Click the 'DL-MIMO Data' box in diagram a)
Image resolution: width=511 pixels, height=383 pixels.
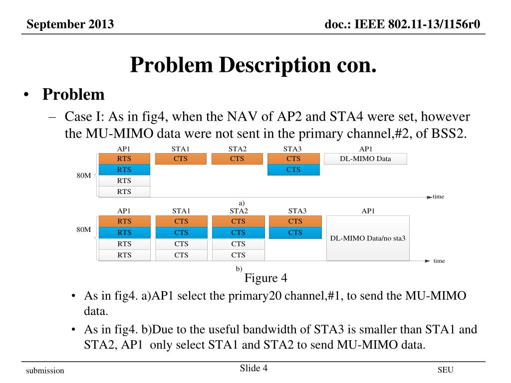point(365,159)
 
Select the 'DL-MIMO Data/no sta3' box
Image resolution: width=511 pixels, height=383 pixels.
point(368,238)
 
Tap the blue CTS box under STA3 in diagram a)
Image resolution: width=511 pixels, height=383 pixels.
point(293,170)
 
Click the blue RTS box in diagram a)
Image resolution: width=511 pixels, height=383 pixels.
point(124,170)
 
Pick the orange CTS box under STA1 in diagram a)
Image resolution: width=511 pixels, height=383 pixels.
point(181,159)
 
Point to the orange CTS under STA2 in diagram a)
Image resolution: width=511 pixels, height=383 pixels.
point(237,159)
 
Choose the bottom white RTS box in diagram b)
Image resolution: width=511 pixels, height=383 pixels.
point(124,255)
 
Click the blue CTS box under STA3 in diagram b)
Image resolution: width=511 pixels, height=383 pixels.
point(295,232)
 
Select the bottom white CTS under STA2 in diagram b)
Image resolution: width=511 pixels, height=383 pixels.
point(239,255)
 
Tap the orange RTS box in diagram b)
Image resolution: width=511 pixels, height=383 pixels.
point(124,221)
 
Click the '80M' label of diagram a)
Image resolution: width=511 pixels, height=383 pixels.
point(83,175)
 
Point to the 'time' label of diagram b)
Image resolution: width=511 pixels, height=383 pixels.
point(439,261)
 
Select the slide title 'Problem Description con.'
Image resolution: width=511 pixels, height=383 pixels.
point(253,65)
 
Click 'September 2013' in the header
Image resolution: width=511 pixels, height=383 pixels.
point(70,24)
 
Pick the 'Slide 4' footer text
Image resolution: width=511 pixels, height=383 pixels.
point(254,369)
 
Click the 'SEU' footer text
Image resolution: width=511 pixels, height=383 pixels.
point(445,370)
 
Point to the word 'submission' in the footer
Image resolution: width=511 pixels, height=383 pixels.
point(45,371)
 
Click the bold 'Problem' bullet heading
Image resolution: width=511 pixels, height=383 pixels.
point(73,94)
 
